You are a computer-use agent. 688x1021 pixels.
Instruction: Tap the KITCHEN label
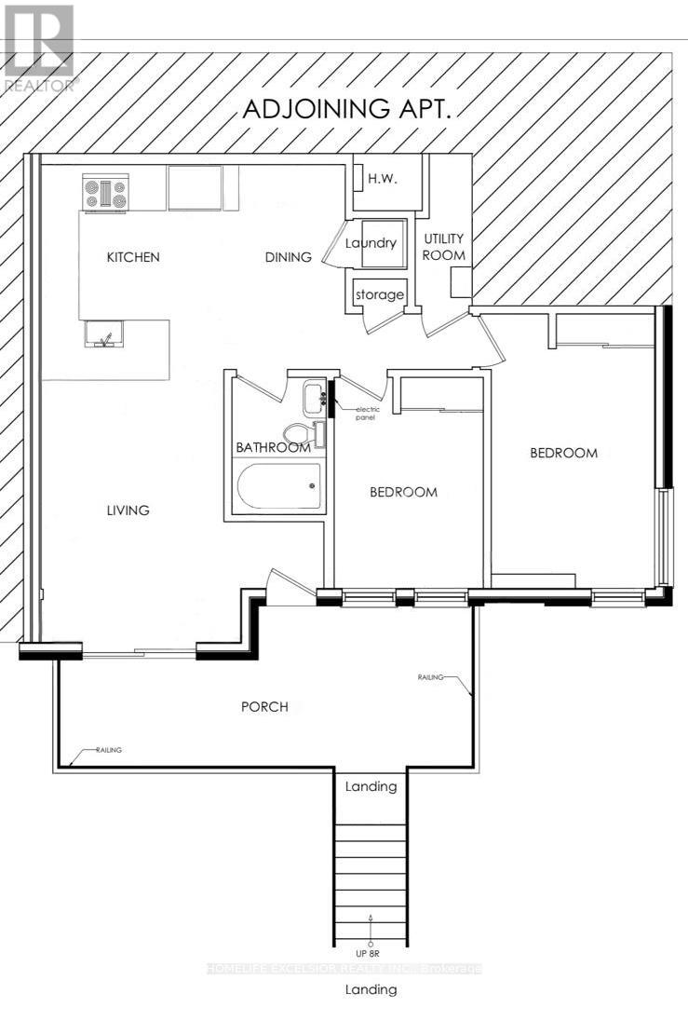(133, 257)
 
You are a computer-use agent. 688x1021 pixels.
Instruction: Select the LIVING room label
(128, 510)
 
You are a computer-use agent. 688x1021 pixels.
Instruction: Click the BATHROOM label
(272, 448)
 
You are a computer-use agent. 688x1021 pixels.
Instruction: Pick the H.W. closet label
(382, 179)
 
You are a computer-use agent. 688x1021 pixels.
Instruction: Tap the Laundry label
(371, 244)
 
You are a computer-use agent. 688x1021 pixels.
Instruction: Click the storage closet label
(379, 295)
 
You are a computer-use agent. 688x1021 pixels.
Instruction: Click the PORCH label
(264, 706)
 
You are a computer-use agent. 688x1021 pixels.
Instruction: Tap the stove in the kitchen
(104, 193)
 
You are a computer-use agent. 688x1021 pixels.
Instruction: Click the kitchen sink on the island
(104, 333)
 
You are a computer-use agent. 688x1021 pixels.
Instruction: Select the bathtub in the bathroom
(279, 486)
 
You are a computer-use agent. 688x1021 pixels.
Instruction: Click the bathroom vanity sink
(312, 398)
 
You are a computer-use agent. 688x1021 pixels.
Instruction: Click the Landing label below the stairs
(371, 989)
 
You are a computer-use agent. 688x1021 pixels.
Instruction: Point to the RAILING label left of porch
(108, 750)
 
